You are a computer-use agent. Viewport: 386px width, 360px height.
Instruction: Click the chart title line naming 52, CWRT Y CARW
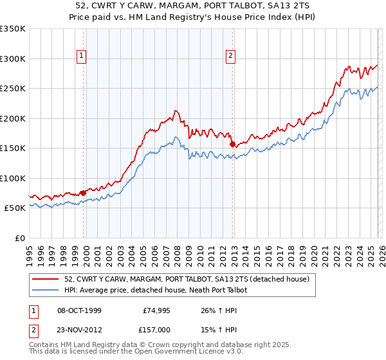pos(192,6)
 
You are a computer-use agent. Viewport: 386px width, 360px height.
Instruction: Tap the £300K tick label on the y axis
pos(12,59)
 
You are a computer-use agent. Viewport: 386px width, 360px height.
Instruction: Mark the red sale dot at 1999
pos(83,193)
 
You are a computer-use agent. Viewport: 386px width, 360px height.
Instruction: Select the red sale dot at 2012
pos(232,144)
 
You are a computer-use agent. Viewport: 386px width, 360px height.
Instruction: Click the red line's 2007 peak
pos(174,111)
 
